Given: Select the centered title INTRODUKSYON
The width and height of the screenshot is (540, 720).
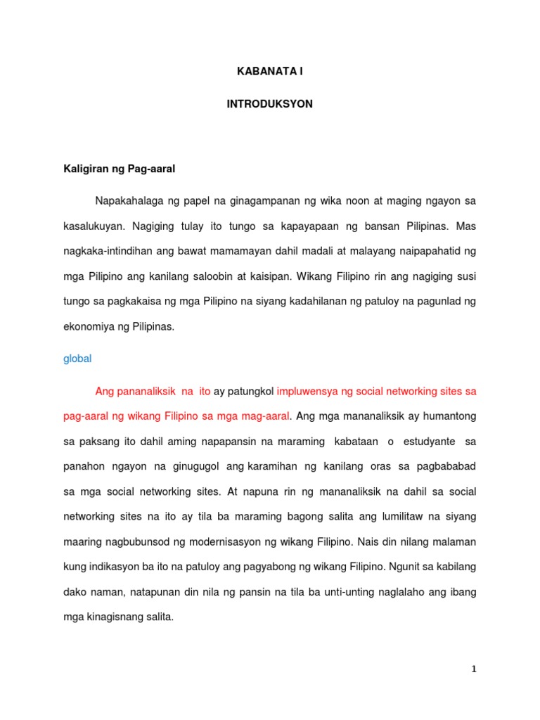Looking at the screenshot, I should coord(269,104).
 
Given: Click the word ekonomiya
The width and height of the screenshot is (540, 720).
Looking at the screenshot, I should coord(87,327).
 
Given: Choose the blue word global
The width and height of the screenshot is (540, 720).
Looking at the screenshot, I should coord(77,359).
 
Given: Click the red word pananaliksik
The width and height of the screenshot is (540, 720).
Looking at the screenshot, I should coord(141,391).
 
